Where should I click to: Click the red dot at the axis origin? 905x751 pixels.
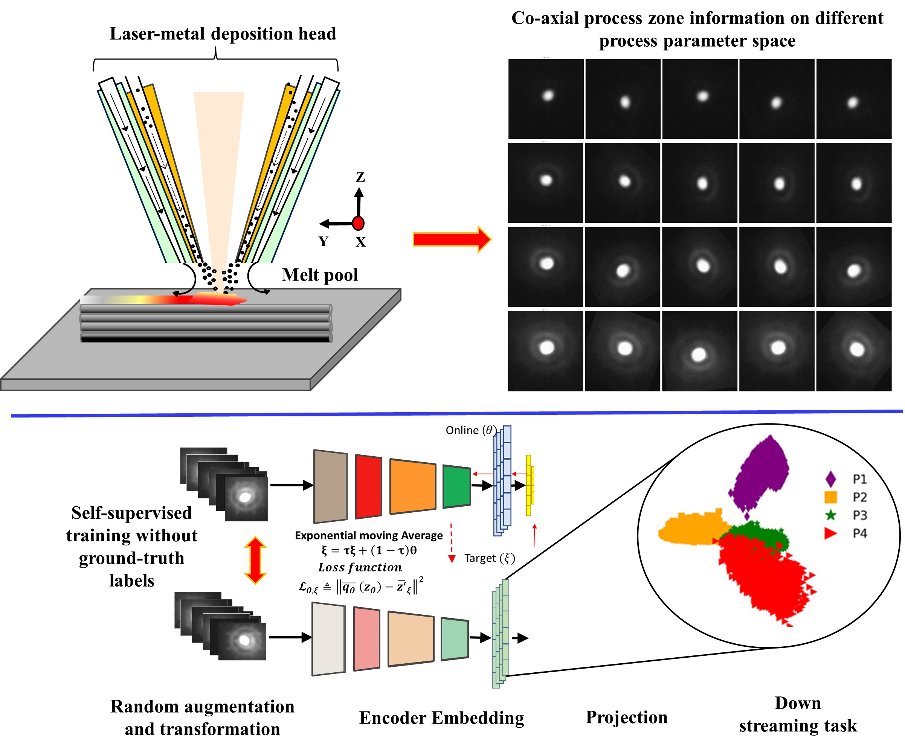point(358,223)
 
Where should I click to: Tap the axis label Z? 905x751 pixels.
point(360,177)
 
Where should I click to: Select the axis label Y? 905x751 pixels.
point(324,241)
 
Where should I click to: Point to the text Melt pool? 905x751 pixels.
point(320,275)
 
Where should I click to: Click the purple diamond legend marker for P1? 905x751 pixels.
point(830,479)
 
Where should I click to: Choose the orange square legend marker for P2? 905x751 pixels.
point(830,497)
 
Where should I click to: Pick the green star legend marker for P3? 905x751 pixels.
point(830,515)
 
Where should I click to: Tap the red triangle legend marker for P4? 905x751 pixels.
point(830,533)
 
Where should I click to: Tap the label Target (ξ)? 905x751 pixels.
point(490,558)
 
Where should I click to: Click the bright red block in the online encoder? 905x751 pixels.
point(368,486)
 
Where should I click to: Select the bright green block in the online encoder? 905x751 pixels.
point(456,486)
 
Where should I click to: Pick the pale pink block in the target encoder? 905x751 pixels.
point(367,639)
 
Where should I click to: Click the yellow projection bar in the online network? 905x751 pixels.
point(529,485)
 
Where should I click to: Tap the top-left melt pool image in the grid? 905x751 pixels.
point(546,99)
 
